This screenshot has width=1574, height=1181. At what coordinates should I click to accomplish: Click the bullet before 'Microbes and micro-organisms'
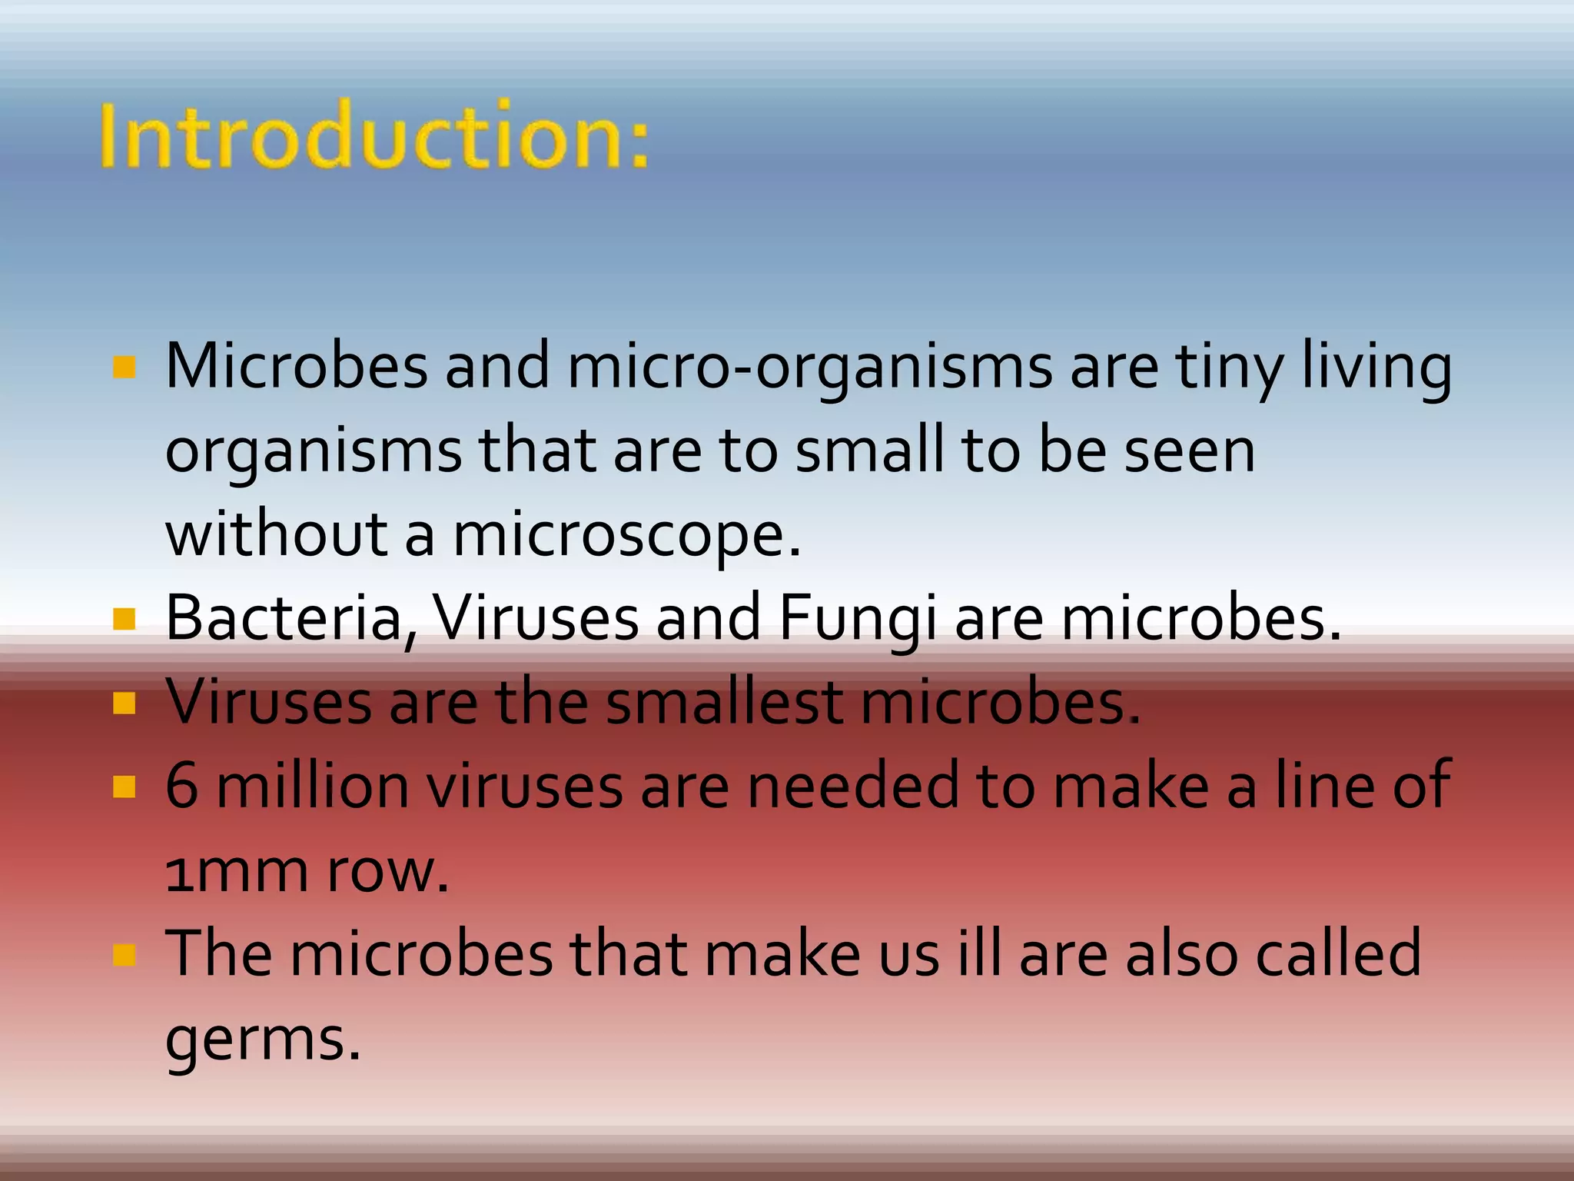[124, 368]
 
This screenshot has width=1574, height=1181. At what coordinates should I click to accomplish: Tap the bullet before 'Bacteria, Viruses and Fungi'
[124, 619]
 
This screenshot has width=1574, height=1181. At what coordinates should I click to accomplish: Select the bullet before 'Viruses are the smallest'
[124, 703]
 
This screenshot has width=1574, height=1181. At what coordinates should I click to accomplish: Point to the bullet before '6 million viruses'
[124, 787]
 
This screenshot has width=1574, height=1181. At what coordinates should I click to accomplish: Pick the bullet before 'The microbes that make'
[124, 955]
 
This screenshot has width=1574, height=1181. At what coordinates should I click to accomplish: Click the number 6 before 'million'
[181, 787]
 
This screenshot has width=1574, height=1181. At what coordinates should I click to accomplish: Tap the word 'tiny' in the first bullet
[1230, 368]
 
